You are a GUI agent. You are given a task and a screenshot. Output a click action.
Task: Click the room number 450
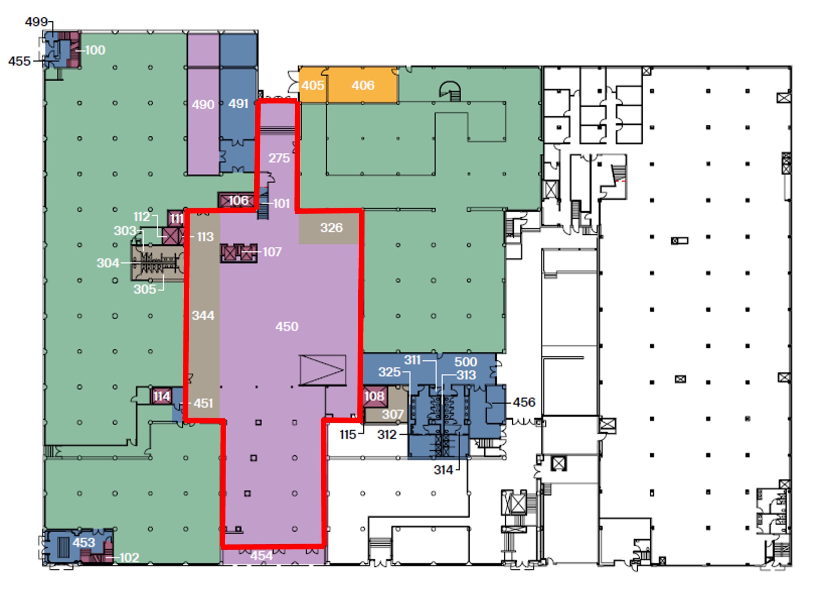pyautogui.click(x=287, y=327)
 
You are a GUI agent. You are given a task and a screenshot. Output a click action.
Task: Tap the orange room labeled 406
pyautogui.click(x=363, y=85)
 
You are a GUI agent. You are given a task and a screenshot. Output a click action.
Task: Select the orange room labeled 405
pyautogui.click(x=313, y=85)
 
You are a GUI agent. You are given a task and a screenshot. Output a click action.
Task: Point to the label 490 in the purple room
pyautogui.click(x=203, y=105)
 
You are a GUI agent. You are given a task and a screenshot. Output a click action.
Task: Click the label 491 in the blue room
pyautogui.click(x=238, y=103)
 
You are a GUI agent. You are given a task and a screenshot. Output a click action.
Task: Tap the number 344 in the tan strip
pyautogui.click(x=203, y=315)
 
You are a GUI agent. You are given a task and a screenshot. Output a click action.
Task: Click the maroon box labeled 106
pyautogui.click(x=237, y=201)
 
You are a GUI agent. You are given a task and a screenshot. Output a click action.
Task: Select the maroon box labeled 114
pyautogui.click(x=162, y=396)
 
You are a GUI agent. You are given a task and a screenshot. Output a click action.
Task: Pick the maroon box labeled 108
pyautogui.click(x=375, y=396)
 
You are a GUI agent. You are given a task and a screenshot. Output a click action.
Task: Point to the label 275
pyautogui.click(x=279, y=158)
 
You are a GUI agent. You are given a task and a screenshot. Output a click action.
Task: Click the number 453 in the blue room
pyautogui.click(x=84, y=542)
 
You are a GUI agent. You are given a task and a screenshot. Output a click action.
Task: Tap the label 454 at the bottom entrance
pyautogui.click(x=262, y=556)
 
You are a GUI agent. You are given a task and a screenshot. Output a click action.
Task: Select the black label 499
pyautogui.click(x=36, y=22)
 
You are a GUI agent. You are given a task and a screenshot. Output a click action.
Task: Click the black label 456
pyautogui.click(x=524, y=402)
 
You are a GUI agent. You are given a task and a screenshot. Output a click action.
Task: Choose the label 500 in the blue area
pyautogui.click(x=465, y=362)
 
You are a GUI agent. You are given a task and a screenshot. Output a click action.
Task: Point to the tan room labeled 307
pyautogui.click(x=387, y=411)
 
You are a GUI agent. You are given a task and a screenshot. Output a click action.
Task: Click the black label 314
pyautogui.click(x=443, y=470)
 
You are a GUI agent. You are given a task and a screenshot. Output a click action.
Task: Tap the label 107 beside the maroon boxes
pyautogui.click(x=272, y=252)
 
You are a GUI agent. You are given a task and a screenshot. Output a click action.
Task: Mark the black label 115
pyautogui.click(x=347, y=435)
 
